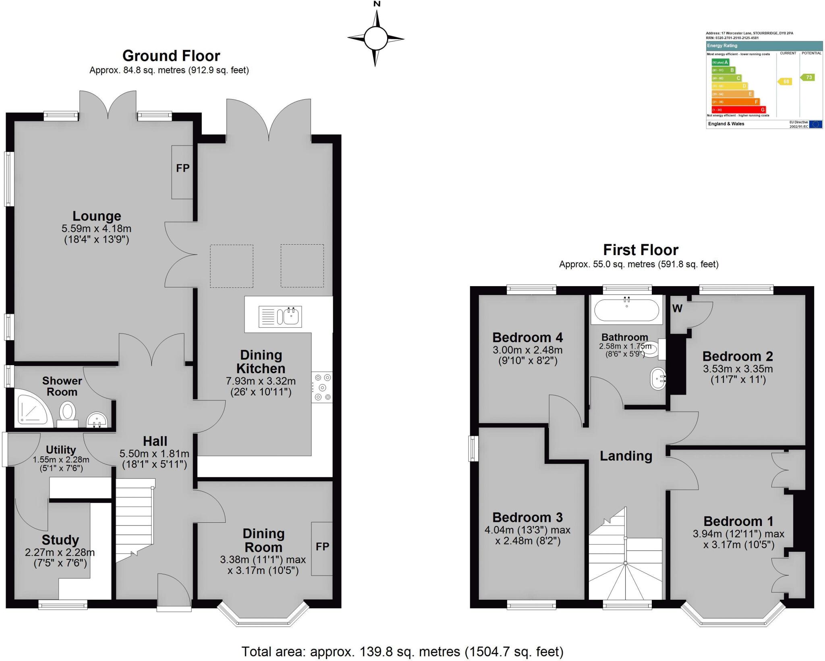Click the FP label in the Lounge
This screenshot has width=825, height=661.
click(x=182, y=168)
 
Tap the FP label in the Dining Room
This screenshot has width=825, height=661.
click(x=322, y=547)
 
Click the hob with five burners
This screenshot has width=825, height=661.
click(x=322, y=387)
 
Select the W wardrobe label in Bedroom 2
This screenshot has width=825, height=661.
click(x=677, y=309)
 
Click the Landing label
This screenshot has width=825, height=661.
click(x=626, y=456)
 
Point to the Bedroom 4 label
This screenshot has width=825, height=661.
click(x=527, y=337)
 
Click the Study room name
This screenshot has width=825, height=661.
click(x=60, y=540)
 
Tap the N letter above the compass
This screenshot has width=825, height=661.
click(x=377, y=4)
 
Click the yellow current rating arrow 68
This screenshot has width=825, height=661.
click(x=785, y=81)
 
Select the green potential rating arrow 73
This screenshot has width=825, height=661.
click(x=808, y=77)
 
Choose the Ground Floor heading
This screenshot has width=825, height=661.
click(x=171, y=56)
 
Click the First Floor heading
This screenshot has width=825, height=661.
click(x=641, y=250)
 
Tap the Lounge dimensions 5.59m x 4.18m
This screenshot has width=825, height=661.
click(x=96, y=229)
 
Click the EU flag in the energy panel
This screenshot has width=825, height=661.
click(x=815, y=124)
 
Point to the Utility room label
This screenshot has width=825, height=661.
click(x=60, y=450)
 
